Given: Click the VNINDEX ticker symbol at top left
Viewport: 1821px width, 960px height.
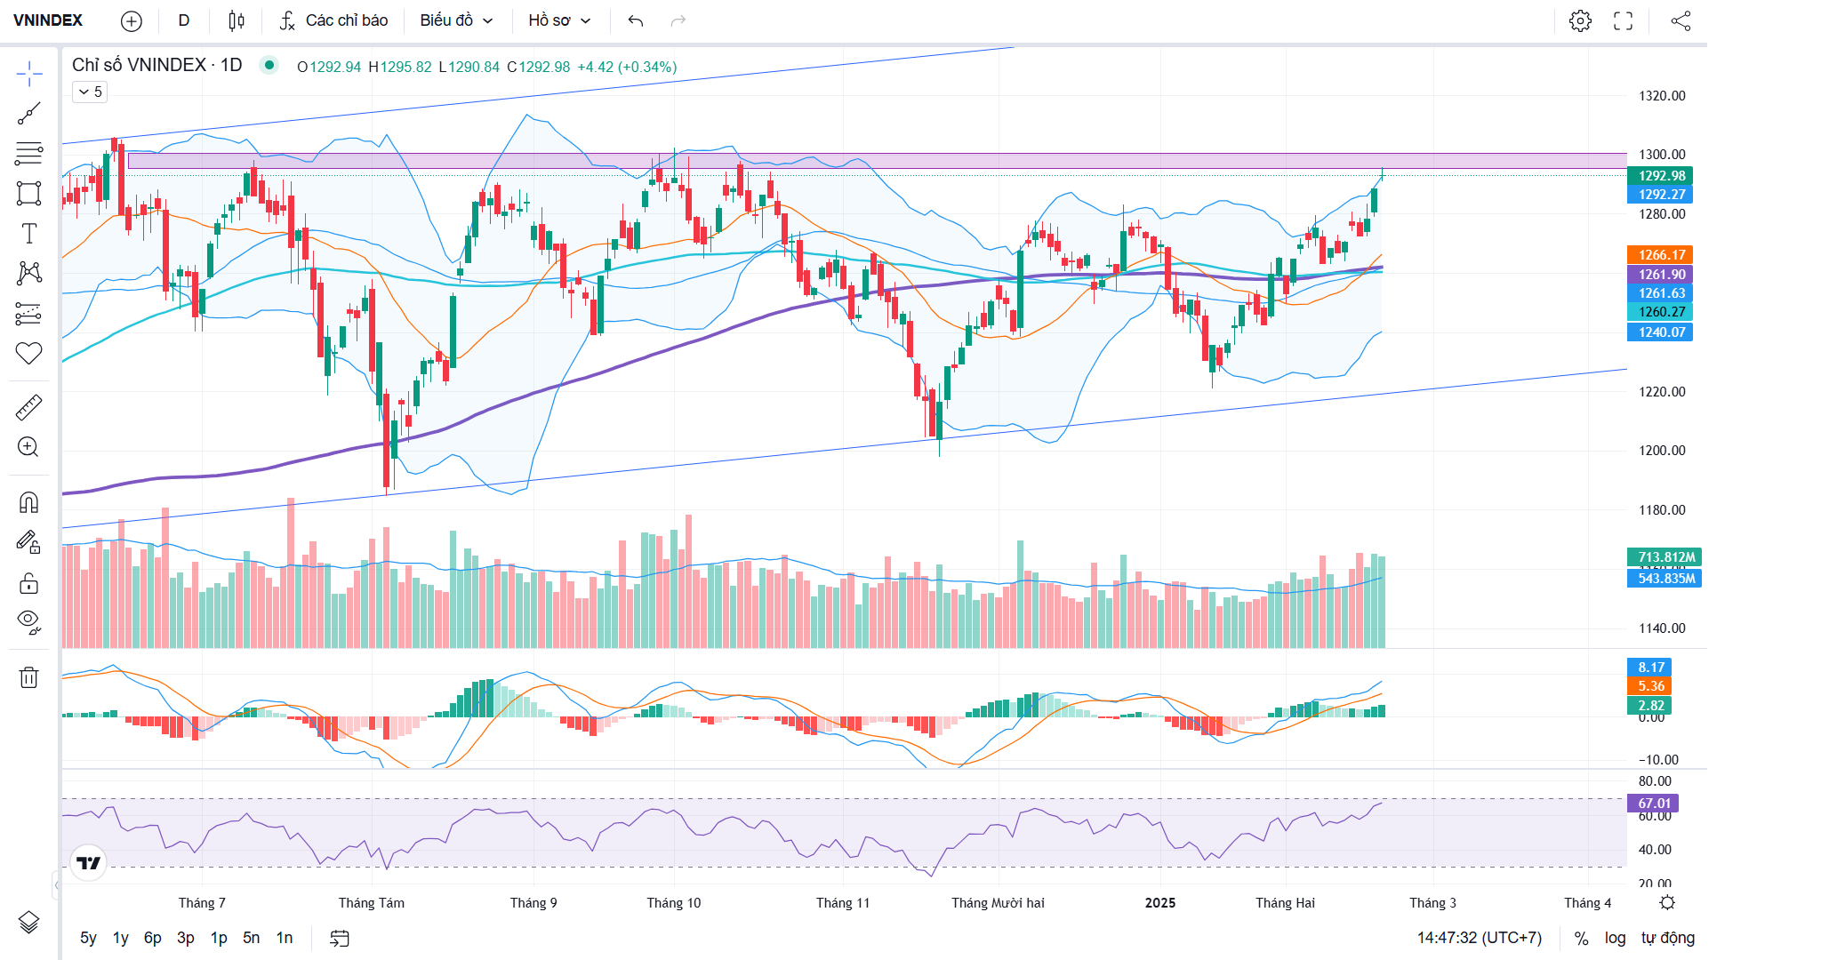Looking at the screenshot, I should [48, 20].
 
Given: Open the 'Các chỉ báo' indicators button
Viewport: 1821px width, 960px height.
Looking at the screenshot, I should [334, 20].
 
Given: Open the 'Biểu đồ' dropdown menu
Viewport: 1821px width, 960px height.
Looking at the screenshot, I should [456, 20].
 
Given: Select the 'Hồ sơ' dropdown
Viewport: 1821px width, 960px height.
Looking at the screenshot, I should [559, 20].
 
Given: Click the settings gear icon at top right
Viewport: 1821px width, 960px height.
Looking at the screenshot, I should [1580, 20].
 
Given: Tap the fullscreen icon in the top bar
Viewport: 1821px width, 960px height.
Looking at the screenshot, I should [1623, 20].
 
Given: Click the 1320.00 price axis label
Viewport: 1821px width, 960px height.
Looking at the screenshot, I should [1662, 96].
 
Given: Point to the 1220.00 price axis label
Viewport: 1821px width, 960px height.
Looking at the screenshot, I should [1662, 392].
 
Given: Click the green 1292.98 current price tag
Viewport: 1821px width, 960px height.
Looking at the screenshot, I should [1661, 176].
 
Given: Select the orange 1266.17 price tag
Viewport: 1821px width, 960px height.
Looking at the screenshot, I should [1661, 255].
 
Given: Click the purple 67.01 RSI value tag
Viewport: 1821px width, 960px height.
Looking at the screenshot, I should [1654, 804].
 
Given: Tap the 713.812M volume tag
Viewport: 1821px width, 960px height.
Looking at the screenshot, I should [1665, 557].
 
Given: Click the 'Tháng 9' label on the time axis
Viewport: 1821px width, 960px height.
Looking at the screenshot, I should [533, 903].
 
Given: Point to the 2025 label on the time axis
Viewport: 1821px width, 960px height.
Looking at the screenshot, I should [1159, 903].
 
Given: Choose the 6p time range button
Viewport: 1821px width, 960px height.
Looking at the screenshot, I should [153, 938].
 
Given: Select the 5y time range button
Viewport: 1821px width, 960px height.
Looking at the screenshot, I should [88, 938].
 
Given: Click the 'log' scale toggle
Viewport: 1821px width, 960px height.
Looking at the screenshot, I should [1615, 938].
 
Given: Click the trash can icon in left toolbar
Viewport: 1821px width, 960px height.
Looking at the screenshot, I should [28, 677].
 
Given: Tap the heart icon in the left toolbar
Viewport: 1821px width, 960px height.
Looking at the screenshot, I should [28, 354].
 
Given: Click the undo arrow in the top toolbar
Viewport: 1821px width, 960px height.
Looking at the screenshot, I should [635, 20].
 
